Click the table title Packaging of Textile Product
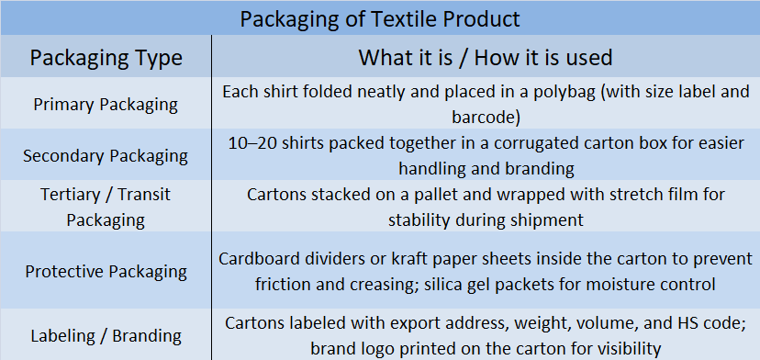coord(380,19)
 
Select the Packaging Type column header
coord(106,57)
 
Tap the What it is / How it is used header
coord(486,57)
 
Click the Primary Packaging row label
coord(106,105)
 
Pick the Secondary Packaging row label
coord(106,156)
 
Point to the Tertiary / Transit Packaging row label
coord(106,208)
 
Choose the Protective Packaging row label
coord(106,272)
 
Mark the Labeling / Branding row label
coord(106,336)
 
